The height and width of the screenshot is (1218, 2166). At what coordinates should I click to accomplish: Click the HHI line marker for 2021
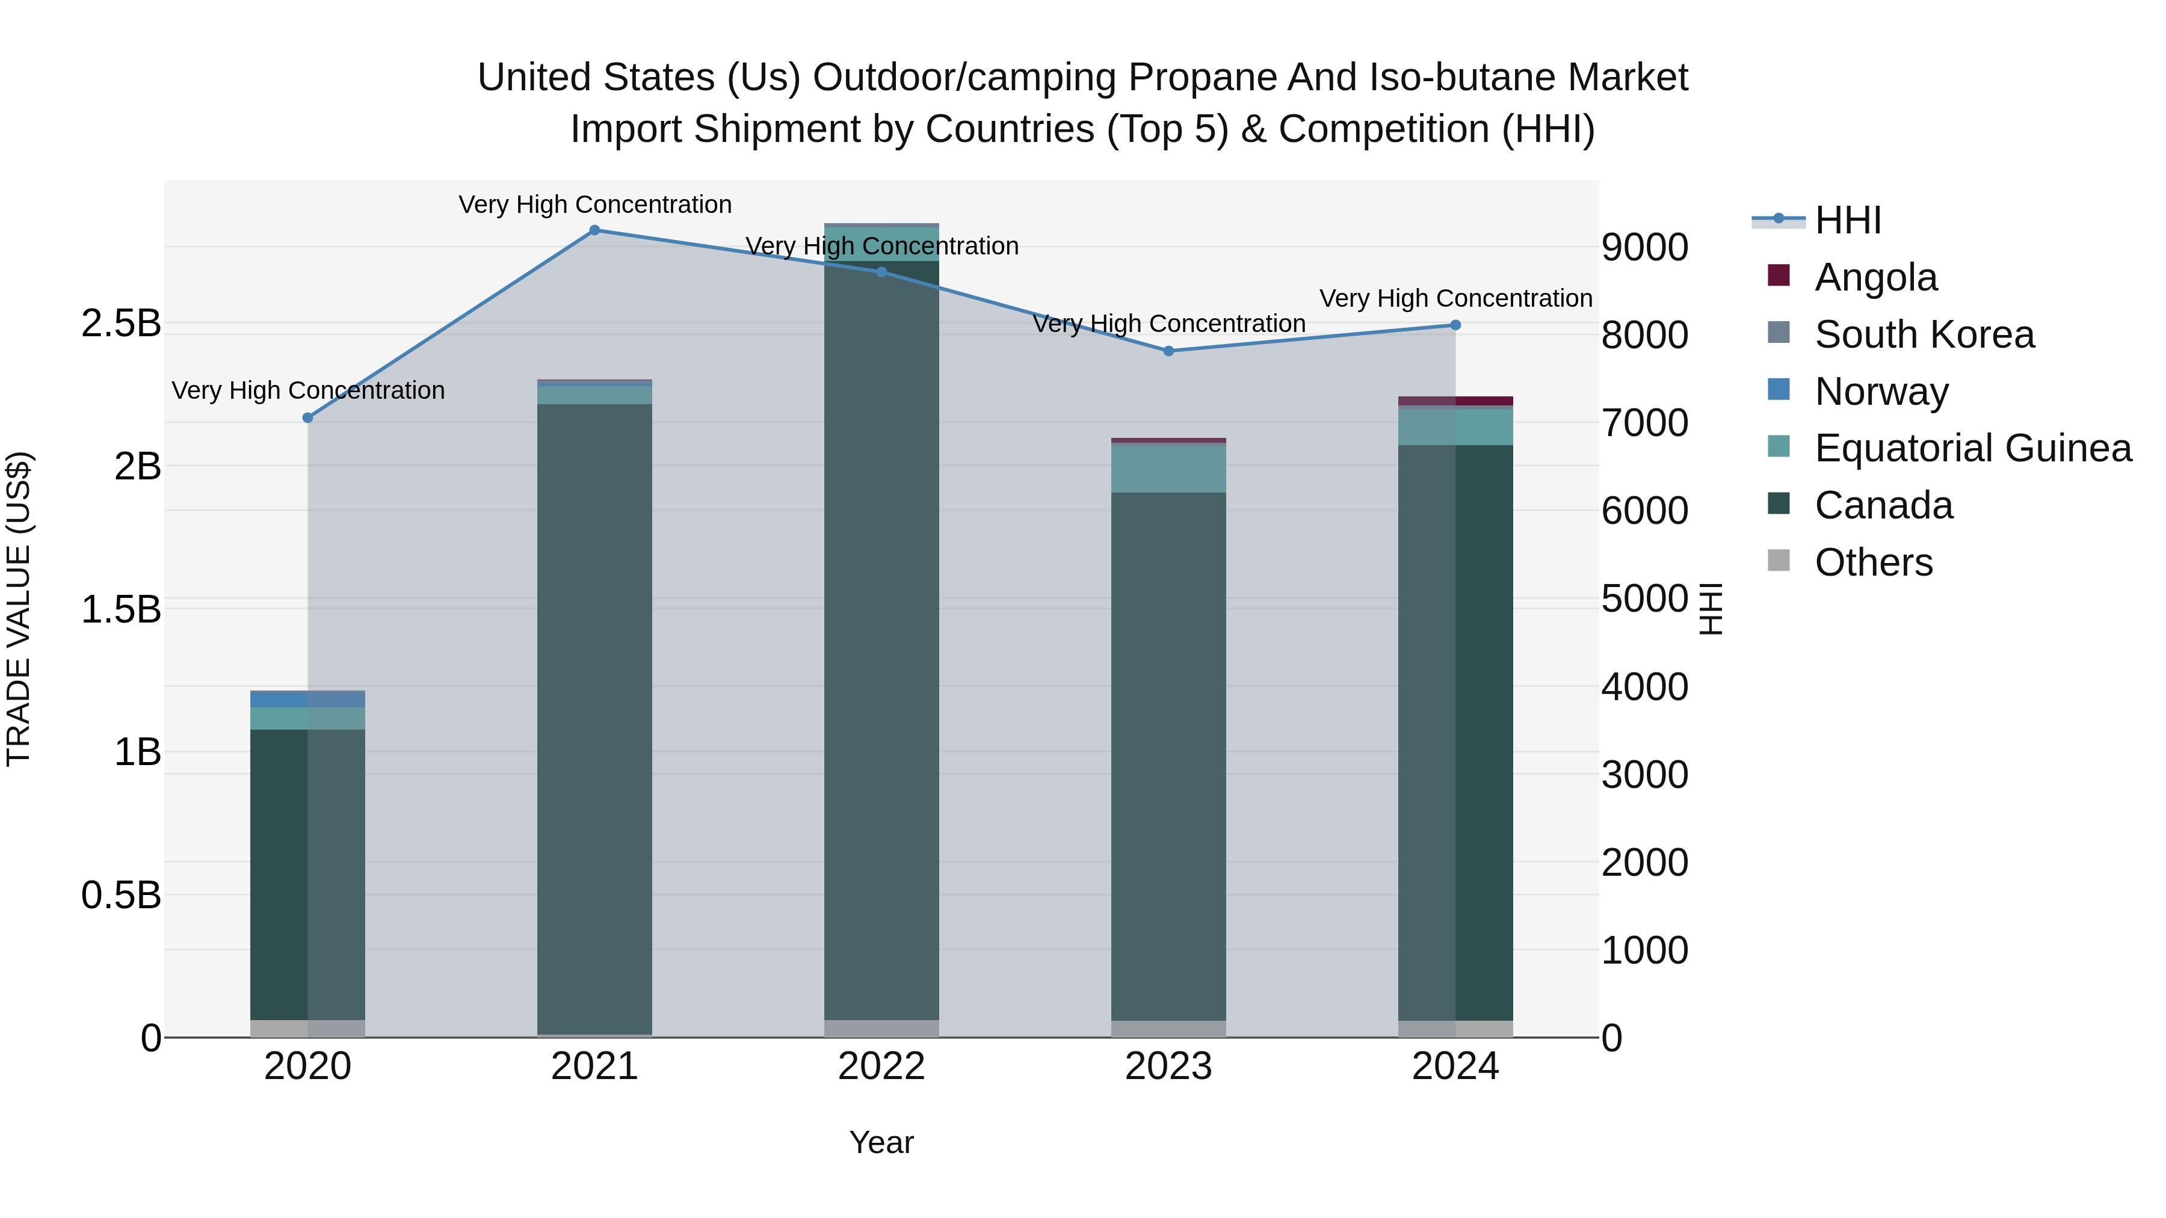coord(594,230)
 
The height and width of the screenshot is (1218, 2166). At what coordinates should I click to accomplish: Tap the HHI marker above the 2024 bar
coord(1455,325)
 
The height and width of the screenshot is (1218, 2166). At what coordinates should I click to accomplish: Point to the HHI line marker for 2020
coord(307,418)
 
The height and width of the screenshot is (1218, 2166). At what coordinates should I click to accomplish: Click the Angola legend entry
coord(1875,277)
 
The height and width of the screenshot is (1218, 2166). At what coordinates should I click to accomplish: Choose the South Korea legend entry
coord(1924,334)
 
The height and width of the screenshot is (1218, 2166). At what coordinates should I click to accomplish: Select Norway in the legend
coord(1881,392)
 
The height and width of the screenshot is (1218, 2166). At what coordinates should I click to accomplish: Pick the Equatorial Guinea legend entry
coord(1973,448)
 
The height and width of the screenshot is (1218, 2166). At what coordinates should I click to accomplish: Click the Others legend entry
coord(1874,562)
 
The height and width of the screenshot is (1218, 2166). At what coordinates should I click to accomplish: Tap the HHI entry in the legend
coord(1847,220)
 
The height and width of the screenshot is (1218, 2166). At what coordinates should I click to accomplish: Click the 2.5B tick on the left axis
coord(121,324)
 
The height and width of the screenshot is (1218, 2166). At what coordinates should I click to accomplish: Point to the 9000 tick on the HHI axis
coord(1644,248)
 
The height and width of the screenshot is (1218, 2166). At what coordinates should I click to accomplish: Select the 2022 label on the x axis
coord(881,1066)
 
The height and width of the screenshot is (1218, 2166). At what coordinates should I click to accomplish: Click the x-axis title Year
coord(881,1142)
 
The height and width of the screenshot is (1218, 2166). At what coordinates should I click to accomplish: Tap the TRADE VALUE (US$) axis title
coord(19,609)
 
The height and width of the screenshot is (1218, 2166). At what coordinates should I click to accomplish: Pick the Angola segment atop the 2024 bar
coord(1455,401)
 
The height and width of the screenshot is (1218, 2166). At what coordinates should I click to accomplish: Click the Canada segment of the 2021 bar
coord(594,715)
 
